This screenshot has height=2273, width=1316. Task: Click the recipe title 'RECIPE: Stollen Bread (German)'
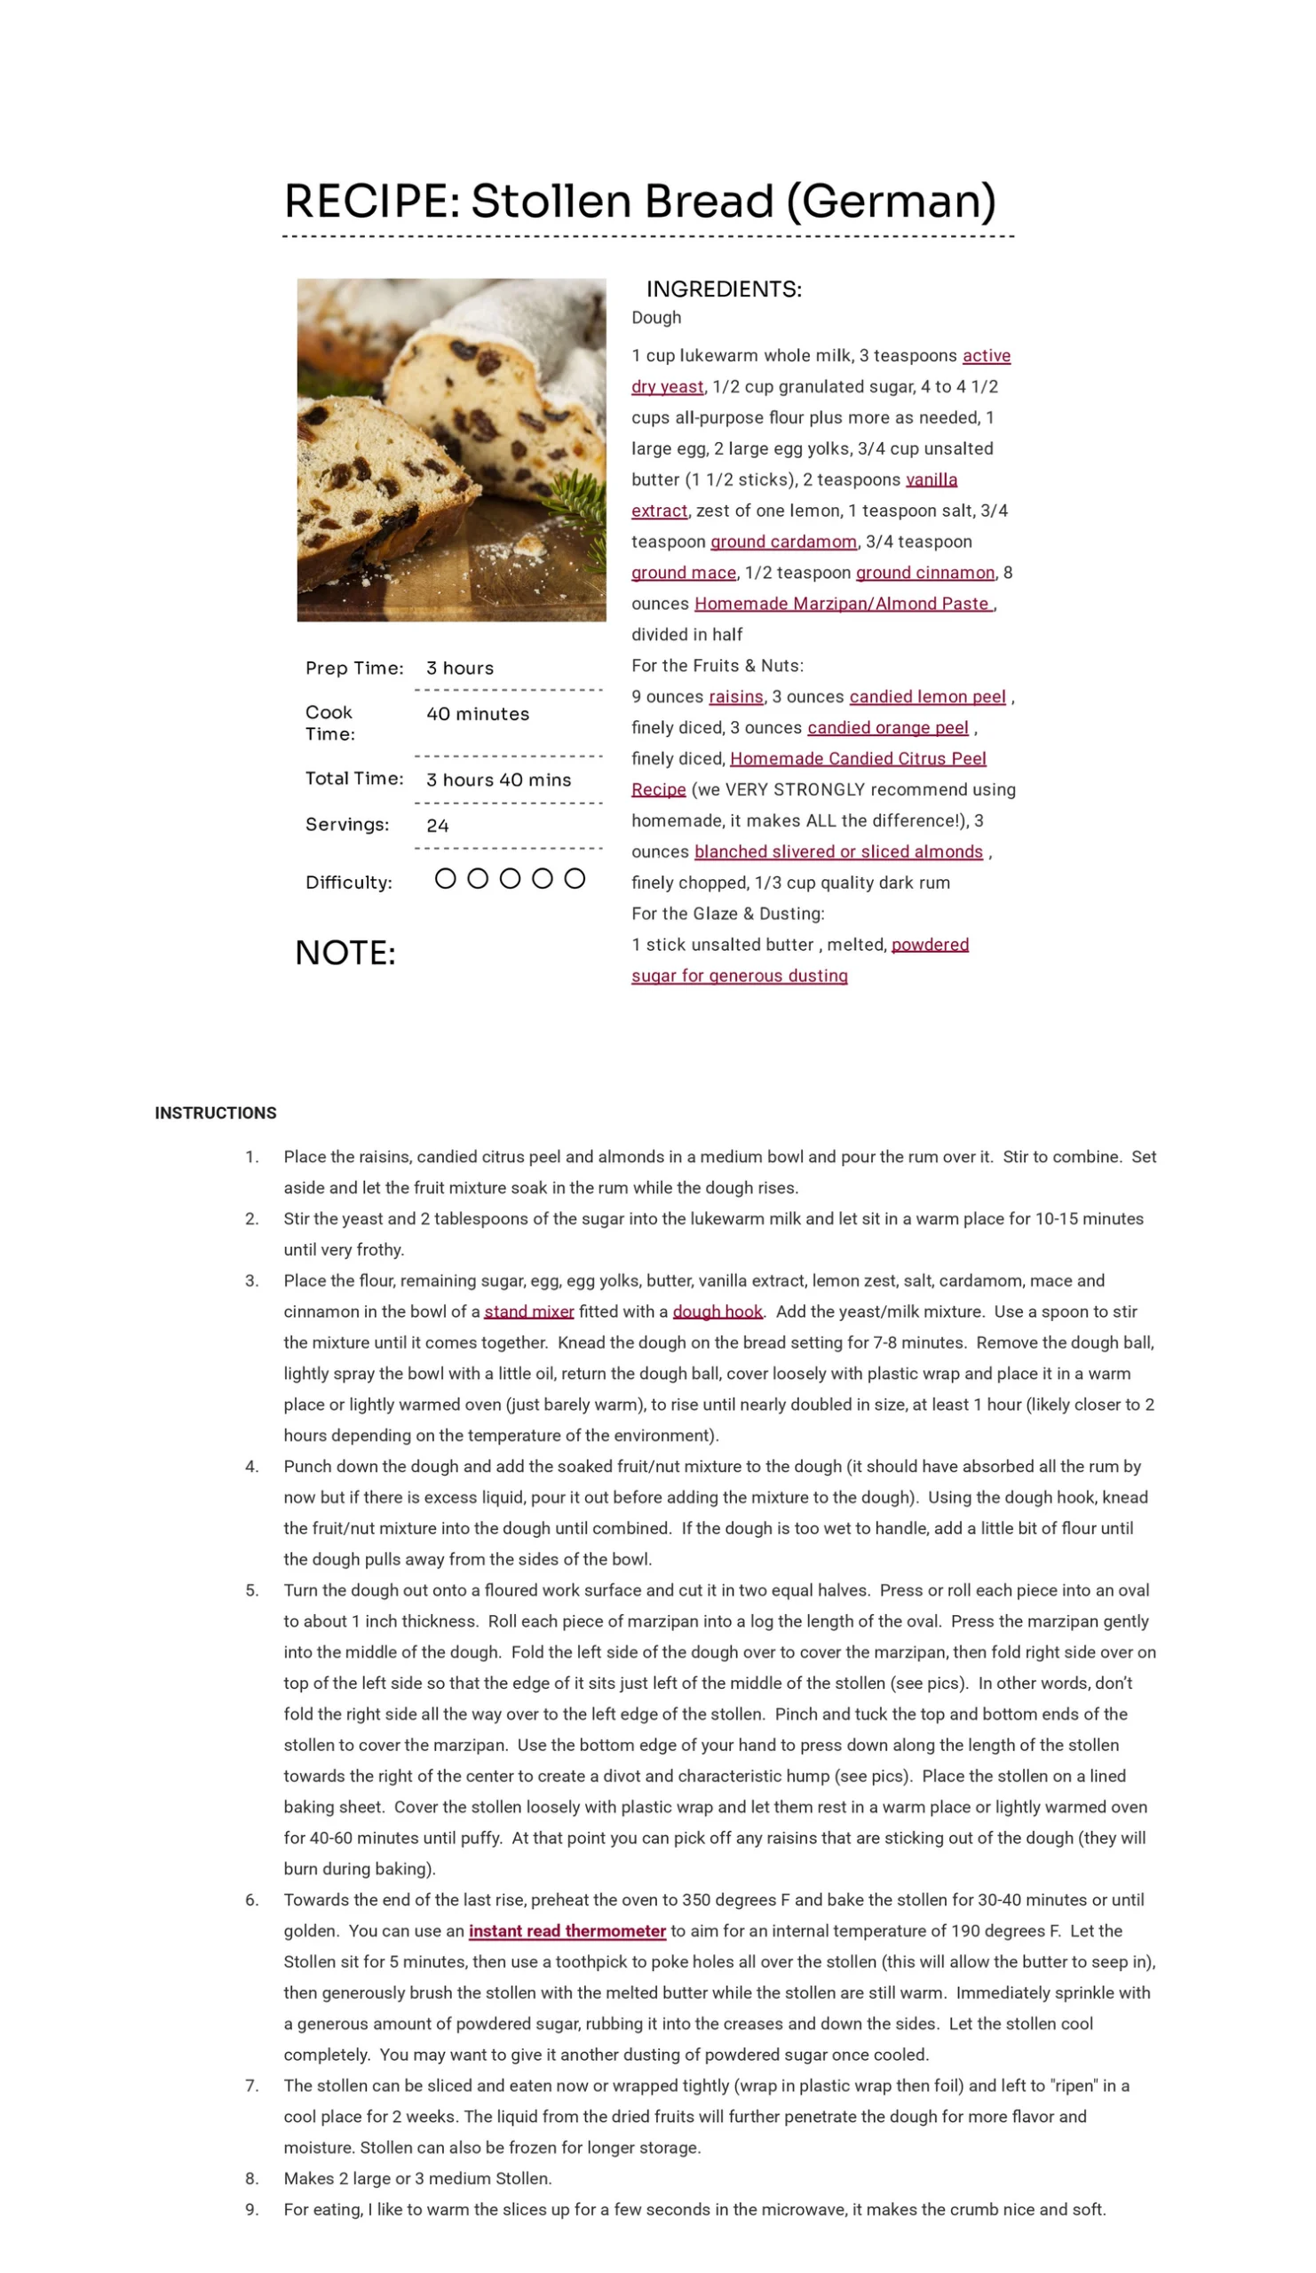(639, 201)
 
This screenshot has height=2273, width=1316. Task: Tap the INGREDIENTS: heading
(724, 289)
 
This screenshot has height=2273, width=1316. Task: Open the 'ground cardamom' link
(783, 542)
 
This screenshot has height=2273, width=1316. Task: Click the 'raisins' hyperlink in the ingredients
(735, 696)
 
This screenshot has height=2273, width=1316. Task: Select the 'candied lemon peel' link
(926, 696)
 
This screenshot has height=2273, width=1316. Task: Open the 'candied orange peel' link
(886, 727)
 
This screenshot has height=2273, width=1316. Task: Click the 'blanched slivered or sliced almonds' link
(838, 851)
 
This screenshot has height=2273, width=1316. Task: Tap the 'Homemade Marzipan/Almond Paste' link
(843, 604)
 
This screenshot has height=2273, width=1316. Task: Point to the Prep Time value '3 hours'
(459, 668)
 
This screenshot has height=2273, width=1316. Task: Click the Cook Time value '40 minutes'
(477, 714)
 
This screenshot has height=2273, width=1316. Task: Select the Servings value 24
(438, 826)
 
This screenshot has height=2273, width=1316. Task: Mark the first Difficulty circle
(445, 878)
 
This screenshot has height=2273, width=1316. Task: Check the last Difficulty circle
(575, 878)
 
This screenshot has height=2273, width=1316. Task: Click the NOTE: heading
(345, 953)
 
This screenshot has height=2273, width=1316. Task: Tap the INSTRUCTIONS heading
(216, 1113)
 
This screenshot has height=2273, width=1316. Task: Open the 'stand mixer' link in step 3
(528, 1311)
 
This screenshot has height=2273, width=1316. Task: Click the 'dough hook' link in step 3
(717, 1311)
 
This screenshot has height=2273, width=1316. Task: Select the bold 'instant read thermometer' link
(567, 1930)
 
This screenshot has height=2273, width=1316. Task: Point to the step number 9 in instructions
(251, 2209)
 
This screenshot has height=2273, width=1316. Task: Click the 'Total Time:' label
(353, 778)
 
